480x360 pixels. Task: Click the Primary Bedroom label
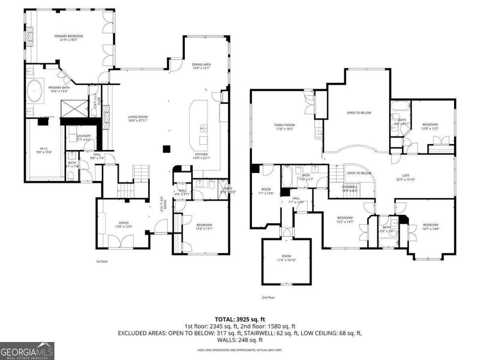click(x=68, y=36)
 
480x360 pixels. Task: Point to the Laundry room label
click(x=84, y=136)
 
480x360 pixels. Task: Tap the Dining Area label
click(x=202, y=64)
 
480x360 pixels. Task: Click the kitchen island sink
click(x=204, y=128)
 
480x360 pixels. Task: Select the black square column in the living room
click(x=166, y=149)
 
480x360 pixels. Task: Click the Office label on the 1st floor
click(x=124, y=222)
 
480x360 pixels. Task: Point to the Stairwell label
click(x=350, y=186)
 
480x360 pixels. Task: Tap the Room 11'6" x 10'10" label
click(x=286, y=256)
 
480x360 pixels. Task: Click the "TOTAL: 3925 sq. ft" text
click(x=240, y=319)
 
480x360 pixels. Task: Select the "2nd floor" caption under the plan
click(x=268, y=297)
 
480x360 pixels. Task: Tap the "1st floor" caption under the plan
click(x=102, y=261)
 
